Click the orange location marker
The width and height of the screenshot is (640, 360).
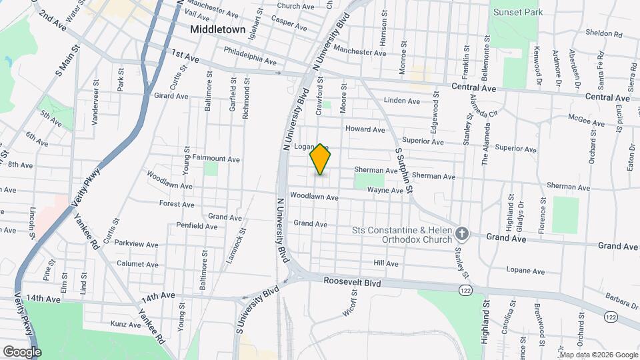[321, 159]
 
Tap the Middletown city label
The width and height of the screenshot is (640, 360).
[217, 29]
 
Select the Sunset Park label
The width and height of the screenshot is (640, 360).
[518, 12]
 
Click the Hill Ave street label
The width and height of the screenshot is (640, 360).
[386, 264]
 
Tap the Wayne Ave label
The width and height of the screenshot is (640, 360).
[385, 191]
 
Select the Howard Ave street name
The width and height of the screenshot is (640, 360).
[365, 129]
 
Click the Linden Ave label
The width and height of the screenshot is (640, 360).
[403, 101]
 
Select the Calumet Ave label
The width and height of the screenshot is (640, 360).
[137, 264]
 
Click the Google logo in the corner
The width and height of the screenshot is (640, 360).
[21, 351]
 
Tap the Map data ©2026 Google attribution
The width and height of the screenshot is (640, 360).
[598, 355]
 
